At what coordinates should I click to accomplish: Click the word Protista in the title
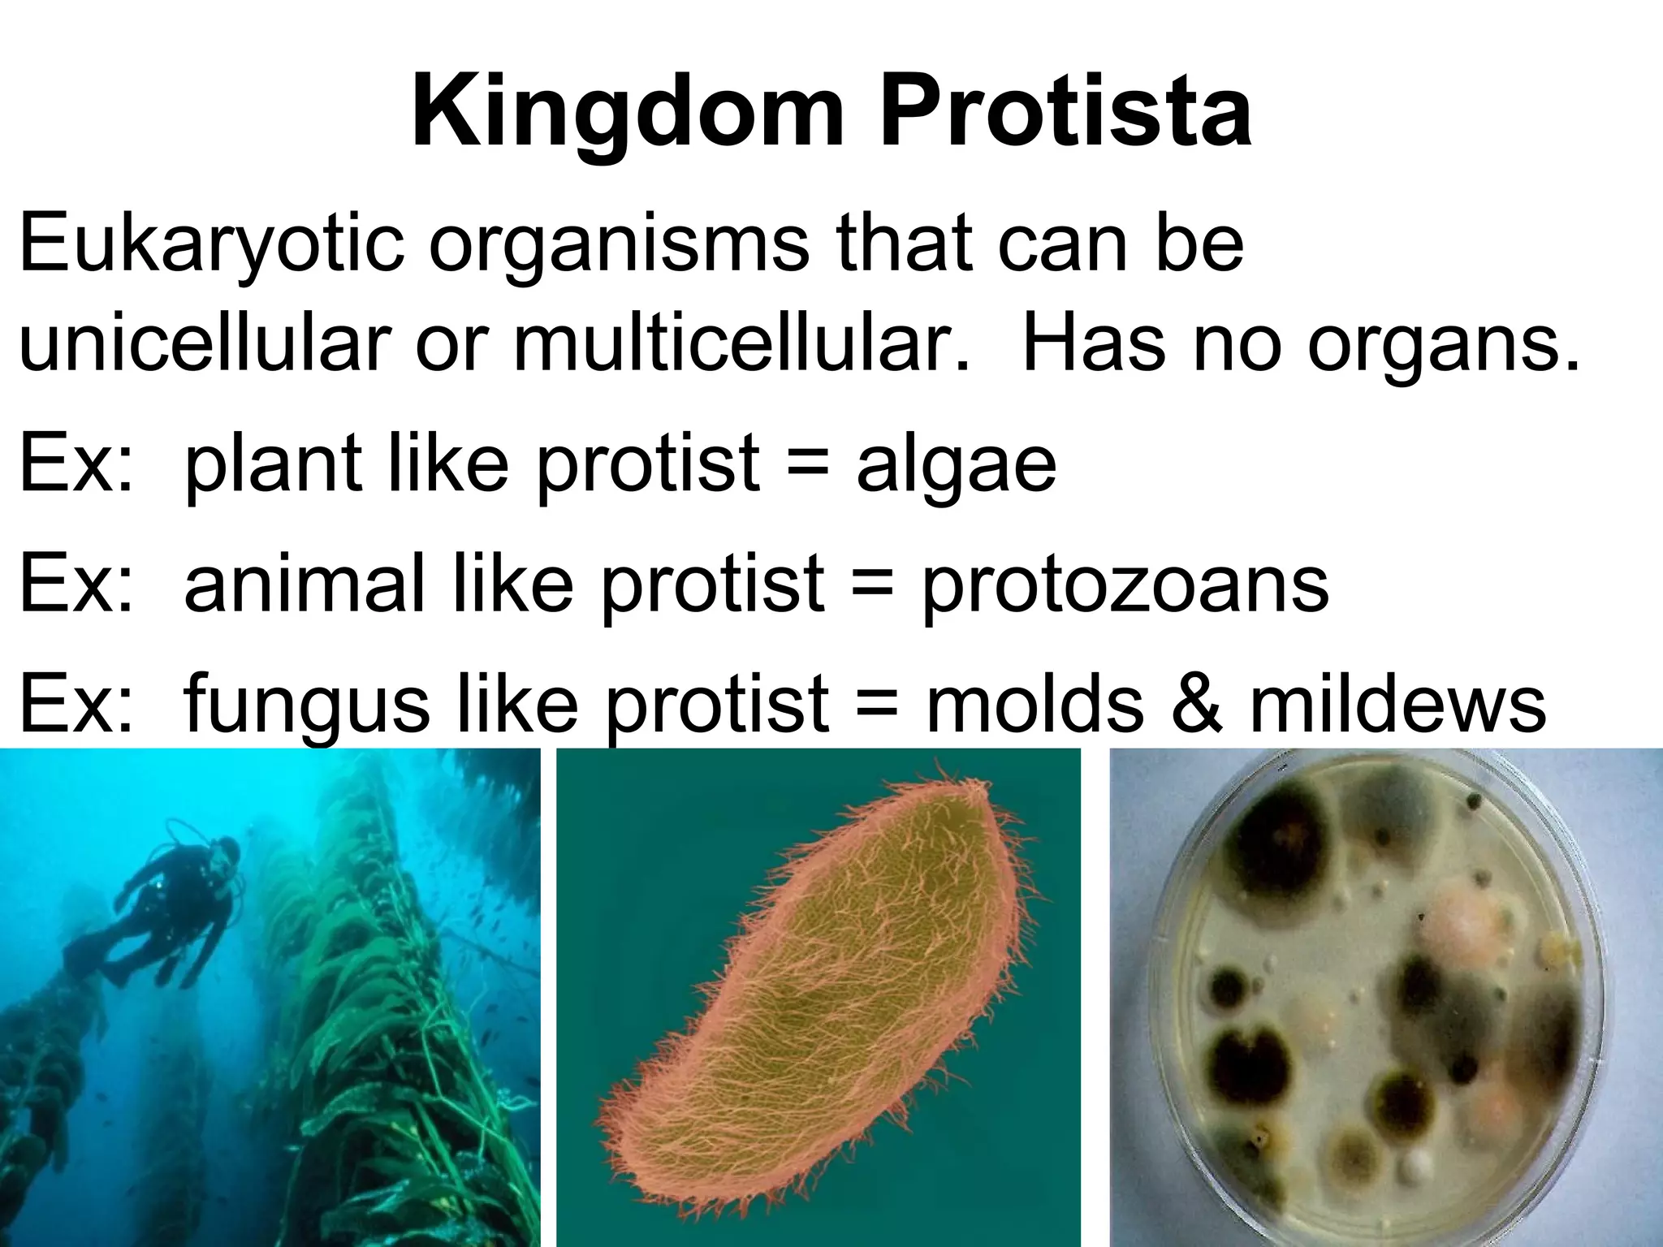1064,114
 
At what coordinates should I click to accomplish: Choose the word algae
956,466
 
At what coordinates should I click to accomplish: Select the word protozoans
1124,586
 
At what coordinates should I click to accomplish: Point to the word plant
272,466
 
